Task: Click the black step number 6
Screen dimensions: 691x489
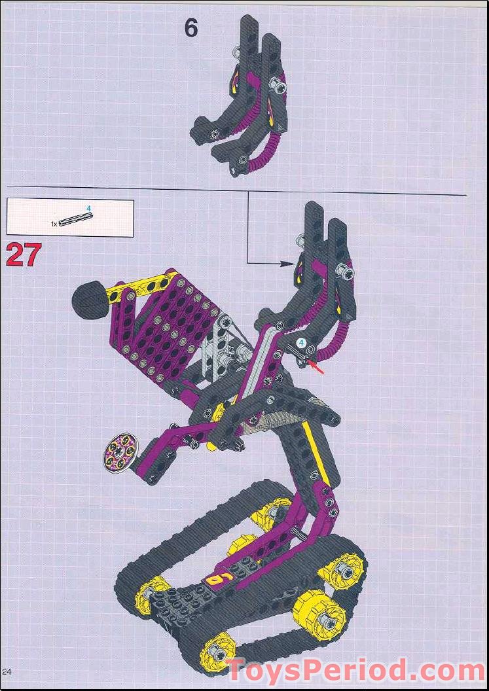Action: tap(190, 29)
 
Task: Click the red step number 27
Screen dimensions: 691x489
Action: tap(24, 255)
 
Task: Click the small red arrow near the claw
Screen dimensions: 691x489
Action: tap(318, 370)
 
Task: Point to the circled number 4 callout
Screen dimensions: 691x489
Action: tap(302, 342)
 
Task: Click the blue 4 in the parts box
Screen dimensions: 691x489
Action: tap(89, 209)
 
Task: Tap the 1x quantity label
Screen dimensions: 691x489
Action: tap(54, 224)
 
